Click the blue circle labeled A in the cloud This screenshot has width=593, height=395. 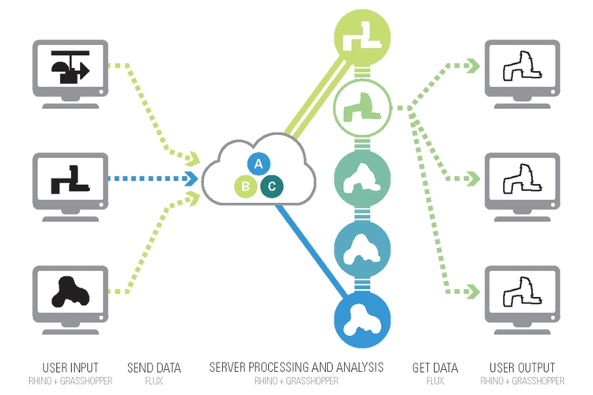tap(256, 164)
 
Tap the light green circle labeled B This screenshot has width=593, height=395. tap(247, 186)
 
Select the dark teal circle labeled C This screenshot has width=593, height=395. tap(271, 186)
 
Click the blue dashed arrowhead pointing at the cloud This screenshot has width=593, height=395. tap(192, 179)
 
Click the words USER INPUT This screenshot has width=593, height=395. tap(70, 368)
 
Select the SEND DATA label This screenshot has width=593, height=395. tap(154, 368)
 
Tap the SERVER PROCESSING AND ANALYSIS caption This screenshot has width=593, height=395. tap(296, 368)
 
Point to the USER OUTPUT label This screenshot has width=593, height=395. tap(522, 368)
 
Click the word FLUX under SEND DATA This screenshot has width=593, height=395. tap(154, 380)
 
